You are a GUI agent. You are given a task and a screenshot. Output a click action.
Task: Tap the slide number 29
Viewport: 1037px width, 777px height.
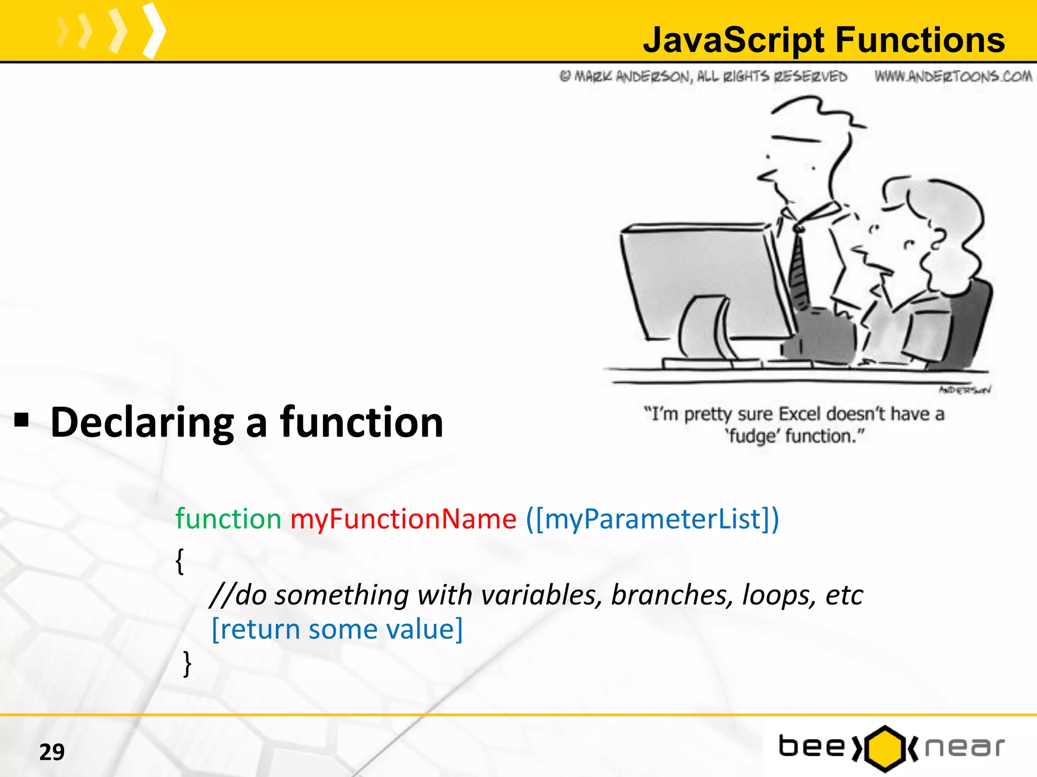(52, 752)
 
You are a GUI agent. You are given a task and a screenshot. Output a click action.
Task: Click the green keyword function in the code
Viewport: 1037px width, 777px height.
(228, 519)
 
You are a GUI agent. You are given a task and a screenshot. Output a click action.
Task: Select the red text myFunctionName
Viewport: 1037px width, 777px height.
(403, 519)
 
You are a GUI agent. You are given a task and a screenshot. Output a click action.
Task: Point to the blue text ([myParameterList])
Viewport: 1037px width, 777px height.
(652, 519)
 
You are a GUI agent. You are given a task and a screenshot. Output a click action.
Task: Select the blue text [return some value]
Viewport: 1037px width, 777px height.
(337, 629)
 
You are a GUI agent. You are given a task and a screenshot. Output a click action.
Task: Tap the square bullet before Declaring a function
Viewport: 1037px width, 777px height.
(22, 420)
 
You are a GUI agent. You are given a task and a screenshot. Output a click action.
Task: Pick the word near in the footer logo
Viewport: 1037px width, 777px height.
(964, 748)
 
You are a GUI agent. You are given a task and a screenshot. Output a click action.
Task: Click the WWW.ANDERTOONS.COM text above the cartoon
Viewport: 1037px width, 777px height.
(953, 76)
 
